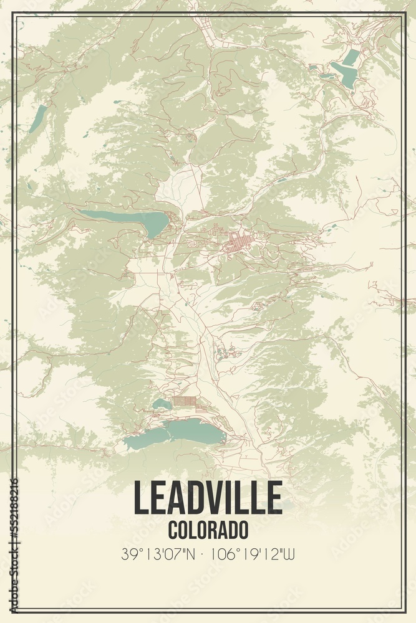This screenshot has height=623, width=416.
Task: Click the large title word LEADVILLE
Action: pos(208,498)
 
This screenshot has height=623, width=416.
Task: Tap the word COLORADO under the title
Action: pos(208,530)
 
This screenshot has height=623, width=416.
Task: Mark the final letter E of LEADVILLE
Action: pos(274,498)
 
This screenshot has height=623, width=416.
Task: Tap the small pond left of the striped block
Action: pos(162,404)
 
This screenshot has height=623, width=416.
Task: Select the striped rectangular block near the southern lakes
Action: pos(185,402)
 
